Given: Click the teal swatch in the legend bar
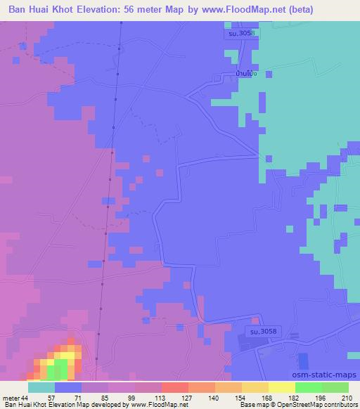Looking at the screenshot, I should (41, 387).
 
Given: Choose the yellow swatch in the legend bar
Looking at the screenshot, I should (281, 387).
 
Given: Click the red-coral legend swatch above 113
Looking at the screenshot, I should (174, 387).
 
